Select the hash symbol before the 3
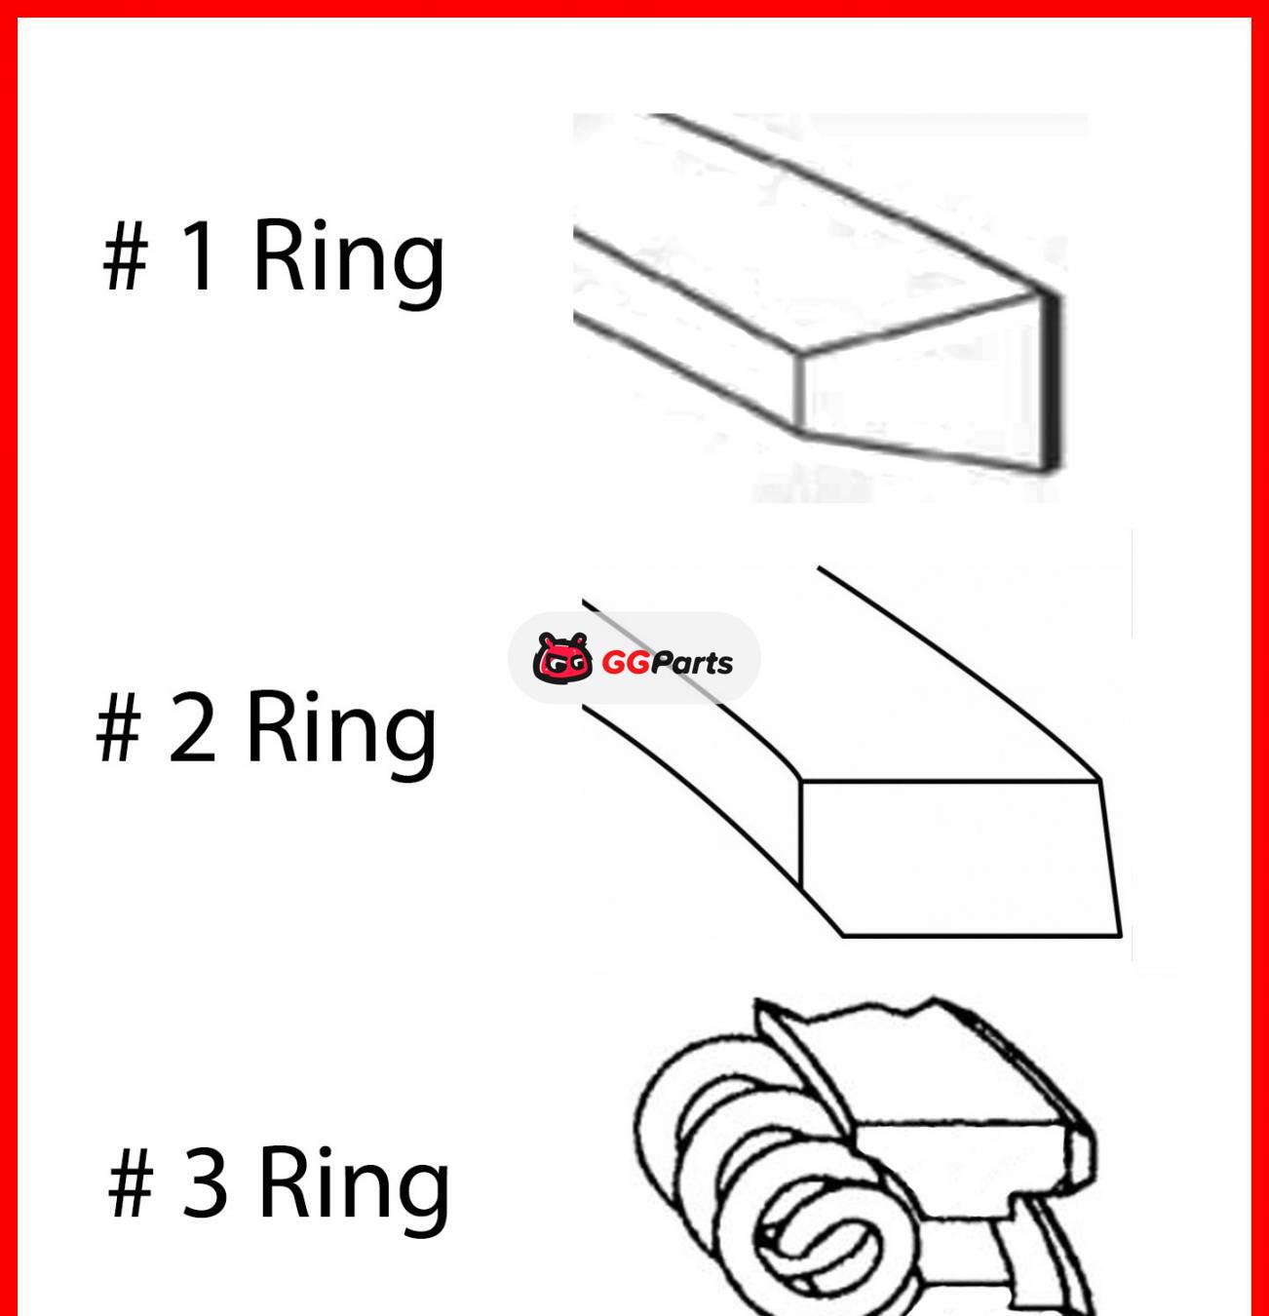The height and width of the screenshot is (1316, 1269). point(131,1182)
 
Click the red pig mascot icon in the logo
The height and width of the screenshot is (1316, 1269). point(562,659)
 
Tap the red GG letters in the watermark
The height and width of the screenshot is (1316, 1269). point(625,663)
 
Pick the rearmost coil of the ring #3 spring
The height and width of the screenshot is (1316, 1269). point(682,1092)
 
